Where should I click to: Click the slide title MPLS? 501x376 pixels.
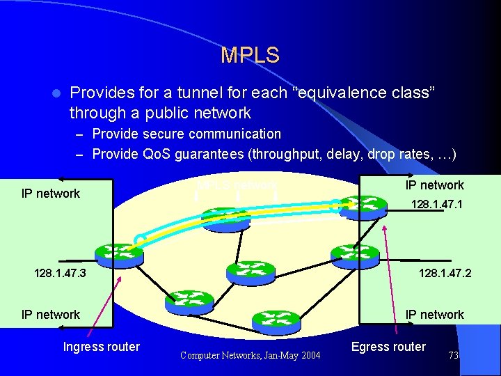pos(250,56)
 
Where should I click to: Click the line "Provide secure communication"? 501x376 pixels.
pos(186,134)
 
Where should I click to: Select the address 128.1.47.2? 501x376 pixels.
pos(445,274)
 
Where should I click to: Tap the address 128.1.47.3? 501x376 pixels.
pos(60,274)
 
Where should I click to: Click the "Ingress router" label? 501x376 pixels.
pos(102,347)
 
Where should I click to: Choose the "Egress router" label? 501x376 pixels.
pos(388,347)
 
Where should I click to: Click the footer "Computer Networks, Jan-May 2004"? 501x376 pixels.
pos(250,356)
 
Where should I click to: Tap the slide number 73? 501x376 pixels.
pos(454,356)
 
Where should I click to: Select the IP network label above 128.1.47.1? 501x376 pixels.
pos(434,185)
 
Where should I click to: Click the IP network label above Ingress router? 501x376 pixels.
pos(51,315)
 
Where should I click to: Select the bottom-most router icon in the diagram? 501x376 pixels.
pos(276,322)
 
